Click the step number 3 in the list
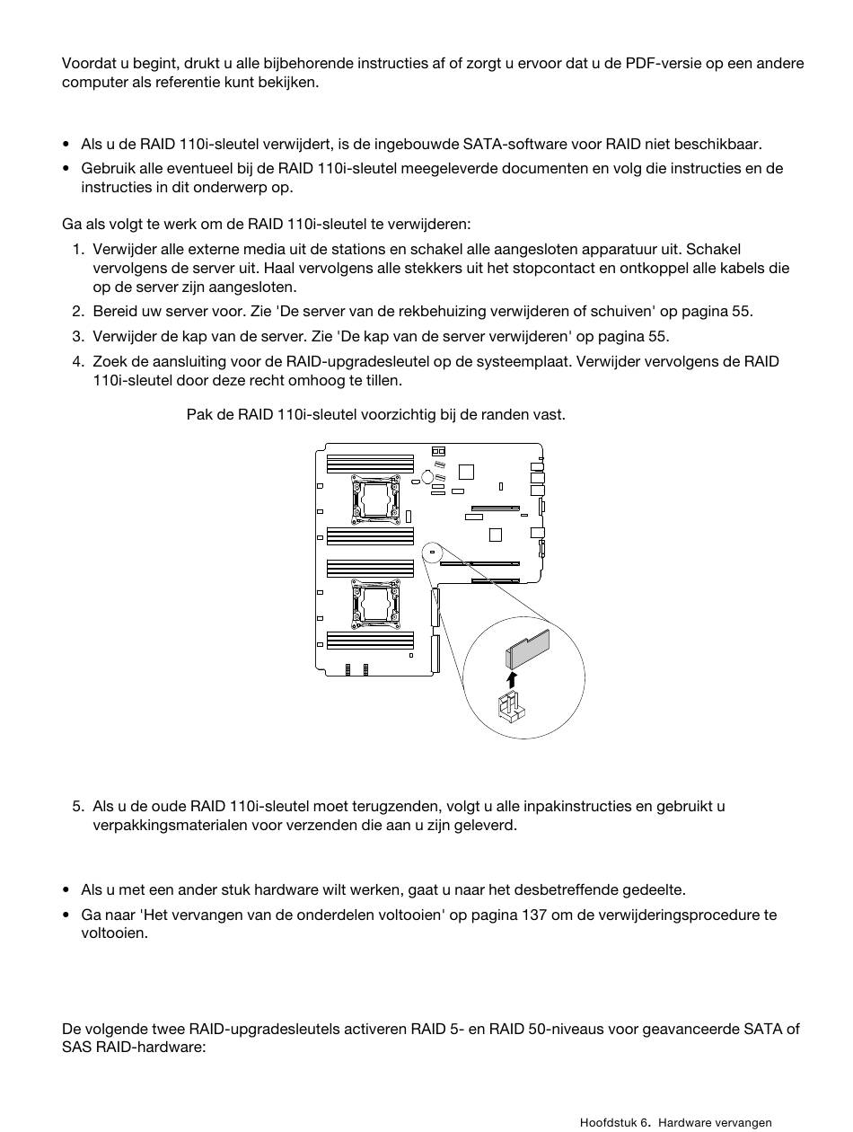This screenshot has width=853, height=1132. point(78,337)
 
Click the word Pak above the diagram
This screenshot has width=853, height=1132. point(198,414)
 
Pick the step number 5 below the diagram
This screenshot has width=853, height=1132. point(78,806)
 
